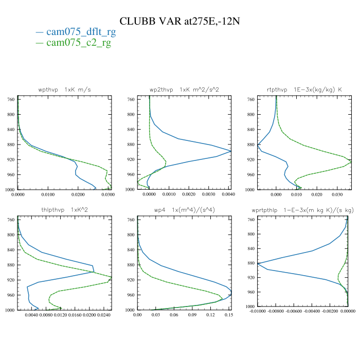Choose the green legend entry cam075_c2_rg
tap(79, 43)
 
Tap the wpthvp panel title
tap(64, 89)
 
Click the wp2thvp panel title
tap(184, 89)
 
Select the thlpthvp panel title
tap(64, 210)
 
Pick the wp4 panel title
tap(184, 210)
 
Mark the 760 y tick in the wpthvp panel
tap(10, 99)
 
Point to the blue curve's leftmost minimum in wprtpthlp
tap(258, 264)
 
